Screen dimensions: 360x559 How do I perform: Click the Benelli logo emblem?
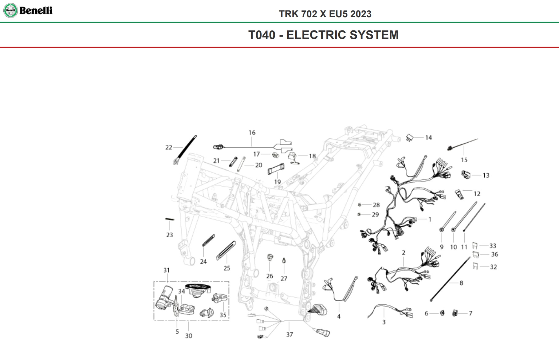pos(10,10)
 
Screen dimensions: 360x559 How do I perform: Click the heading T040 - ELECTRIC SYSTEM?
pos(323,35)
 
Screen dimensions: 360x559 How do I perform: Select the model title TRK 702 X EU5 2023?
pos(325,14)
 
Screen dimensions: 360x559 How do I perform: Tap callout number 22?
pos(168,148)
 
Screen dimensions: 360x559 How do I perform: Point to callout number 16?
pos(252,133)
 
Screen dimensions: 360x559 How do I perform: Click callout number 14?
pos(428,138)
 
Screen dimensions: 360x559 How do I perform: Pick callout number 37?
pos(289,334)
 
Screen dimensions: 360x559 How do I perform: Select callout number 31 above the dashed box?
pos(166,270)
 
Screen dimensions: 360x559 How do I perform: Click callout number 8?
pos(461,283)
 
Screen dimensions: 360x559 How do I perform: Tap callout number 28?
pos(376,205)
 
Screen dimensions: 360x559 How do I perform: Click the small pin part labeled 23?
pos(170,219)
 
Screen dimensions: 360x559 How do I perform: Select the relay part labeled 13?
pos(466,175)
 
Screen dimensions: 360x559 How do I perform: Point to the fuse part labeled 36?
pos(476,255)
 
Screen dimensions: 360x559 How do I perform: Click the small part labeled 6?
pos(442,313)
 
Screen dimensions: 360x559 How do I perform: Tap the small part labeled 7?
pos(455,313)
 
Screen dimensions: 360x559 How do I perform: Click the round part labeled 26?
pos(270,257)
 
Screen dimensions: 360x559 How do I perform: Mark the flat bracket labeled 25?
pos(226,251)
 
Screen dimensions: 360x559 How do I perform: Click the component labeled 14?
pos(409,137)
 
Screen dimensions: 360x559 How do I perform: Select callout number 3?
pos(384,322)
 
